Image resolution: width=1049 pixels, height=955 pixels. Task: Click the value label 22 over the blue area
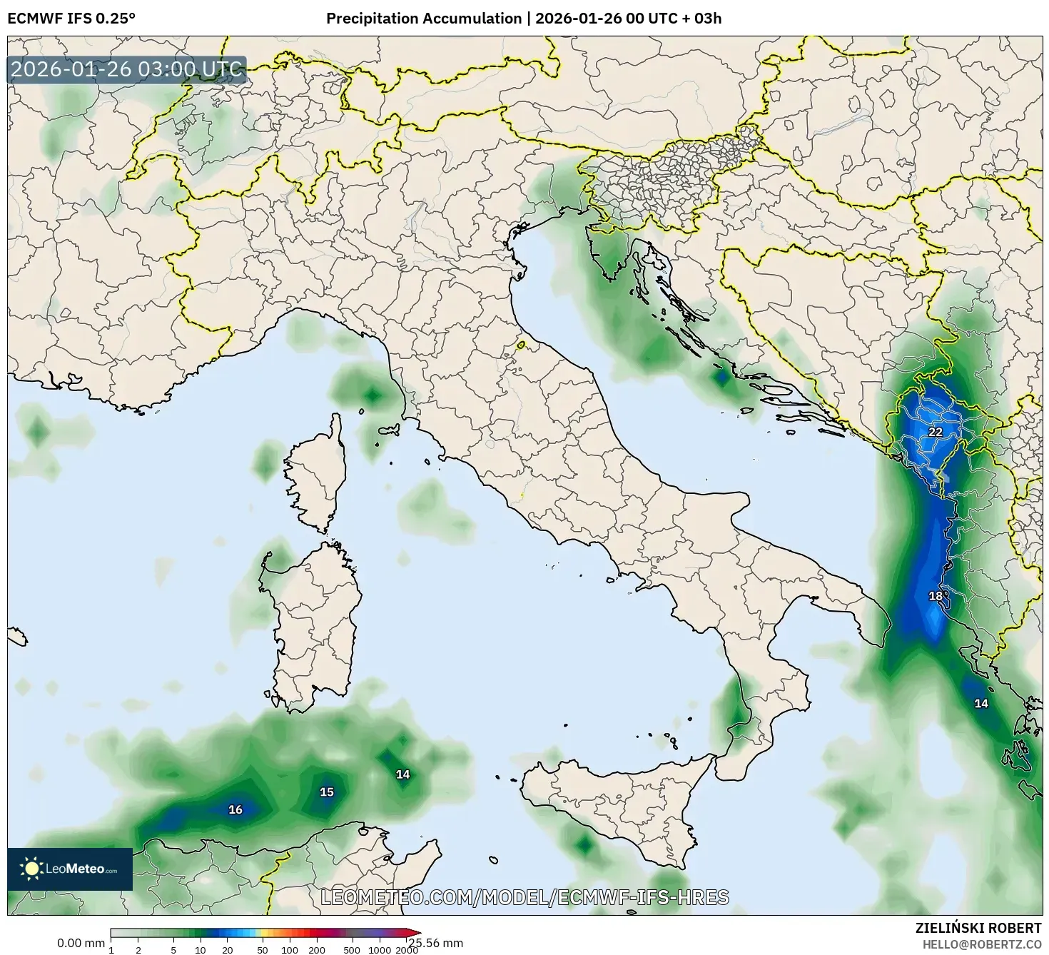(x=935, y=432)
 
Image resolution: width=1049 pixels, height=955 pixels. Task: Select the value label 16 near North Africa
(x=235, y=809)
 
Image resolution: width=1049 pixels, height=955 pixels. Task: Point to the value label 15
(x=326, y=792)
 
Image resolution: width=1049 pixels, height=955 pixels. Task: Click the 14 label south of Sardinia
(x=403, y=774)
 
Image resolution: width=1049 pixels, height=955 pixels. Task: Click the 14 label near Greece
(x=981, y=704)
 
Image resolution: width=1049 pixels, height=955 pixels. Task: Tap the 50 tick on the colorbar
(x=263, y=949)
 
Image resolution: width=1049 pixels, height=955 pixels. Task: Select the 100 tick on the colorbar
(x=290, y=949)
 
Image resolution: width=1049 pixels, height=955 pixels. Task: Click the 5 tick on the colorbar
(x=173, y=949)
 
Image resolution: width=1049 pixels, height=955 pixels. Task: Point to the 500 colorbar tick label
(x=352, y=949)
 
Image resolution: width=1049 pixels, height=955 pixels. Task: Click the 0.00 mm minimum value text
(x=81, y=943)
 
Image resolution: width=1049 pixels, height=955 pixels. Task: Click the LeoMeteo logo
(x=70, y=869)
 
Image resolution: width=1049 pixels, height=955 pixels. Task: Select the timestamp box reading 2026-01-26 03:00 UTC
(x=127, y=69)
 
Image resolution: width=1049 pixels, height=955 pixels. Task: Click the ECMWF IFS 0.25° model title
(x=71, y=19)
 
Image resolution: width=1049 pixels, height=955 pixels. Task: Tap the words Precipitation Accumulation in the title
(x=423, y=19)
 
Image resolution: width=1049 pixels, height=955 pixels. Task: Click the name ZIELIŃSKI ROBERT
(x=978, y=928)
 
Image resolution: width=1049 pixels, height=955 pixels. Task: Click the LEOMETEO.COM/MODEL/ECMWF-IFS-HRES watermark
(x=524, y=897)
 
